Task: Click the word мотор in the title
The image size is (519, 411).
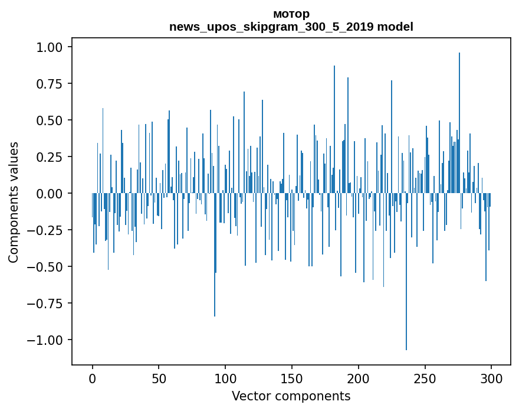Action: (x=291, y=14)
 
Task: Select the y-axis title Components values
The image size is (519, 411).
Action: (x=13, y=202)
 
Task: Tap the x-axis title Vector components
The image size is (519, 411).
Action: (x=291, y=396)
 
